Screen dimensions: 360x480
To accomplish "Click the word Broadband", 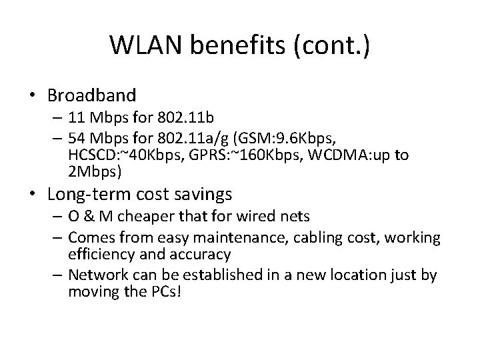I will point(93,95).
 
